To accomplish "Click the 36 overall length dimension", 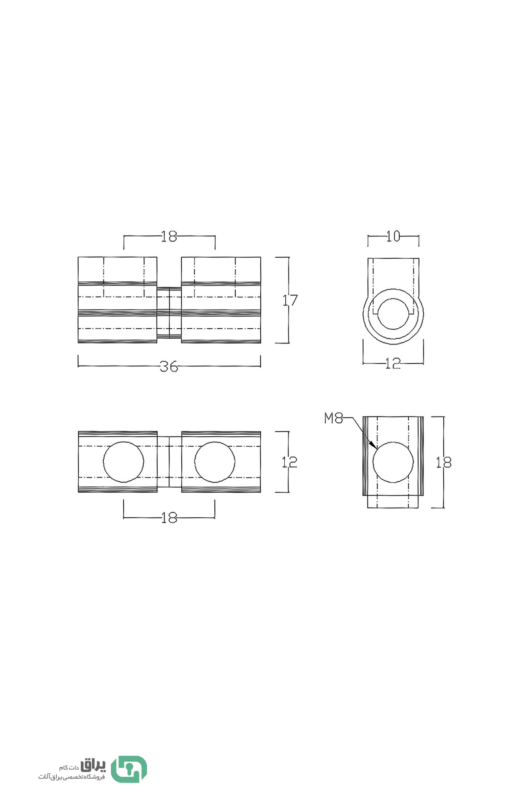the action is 169,366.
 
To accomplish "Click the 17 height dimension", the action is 290,300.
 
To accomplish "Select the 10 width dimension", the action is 393,236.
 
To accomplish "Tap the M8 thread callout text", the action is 333,418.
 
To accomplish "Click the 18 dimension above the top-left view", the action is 169,236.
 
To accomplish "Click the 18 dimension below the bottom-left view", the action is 169,518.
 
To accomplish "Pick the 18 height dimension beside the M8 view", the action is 443,462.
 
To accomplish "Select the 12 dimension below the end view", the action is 393,363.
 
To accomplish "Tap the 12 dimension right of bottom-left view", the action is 289,462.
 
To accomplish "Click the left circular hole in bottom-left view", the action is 124,462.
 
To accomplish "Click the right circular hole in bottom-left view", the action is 215,462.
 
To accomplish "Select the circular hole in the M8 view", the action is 393,462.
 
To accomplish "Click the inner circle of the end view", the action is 393,314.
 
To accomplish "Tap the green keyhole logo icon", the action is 129,770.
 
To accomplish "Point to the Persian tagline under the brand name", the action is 71,777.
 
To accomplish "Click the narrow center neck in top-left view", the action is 169,313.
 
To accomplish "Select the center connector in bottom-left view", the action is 169,462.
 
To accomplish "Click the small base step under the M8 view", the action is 393,502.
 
